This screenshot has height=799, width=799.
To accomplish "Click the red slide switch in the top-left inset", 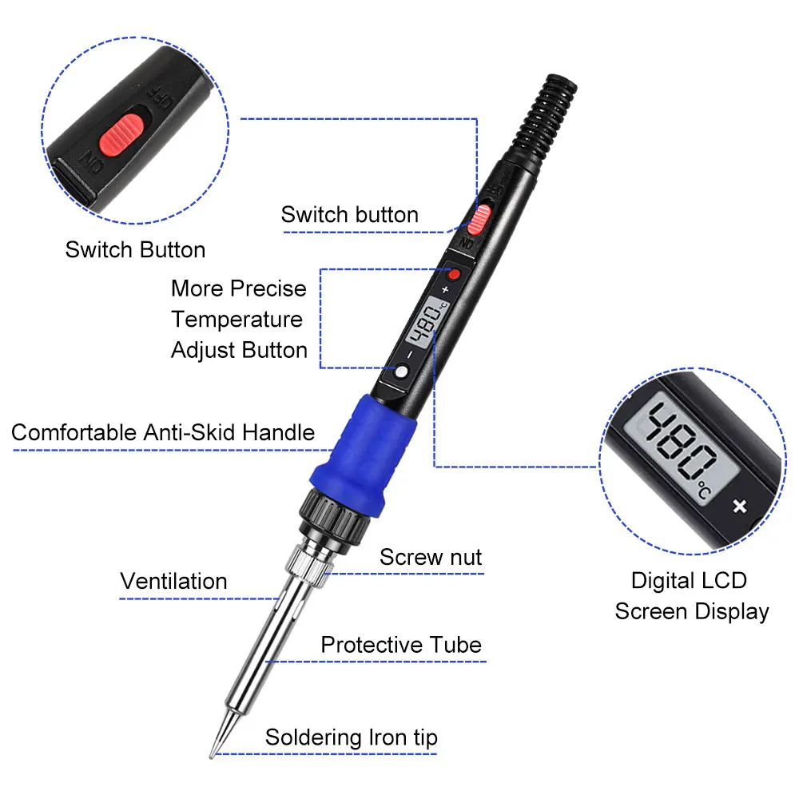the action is [x=121, y=134].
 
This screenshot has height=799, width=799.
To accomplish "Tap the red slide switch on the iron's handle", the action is [x=479, y=220].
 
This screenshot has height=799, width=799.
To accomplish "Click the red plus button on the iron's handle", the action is [x=453, y=275].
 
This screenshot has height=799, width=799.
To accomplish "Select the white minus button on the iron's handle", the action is [x=402, y=372].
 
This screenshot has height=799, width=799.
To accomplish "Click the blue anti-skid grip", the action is [x=363, y=455].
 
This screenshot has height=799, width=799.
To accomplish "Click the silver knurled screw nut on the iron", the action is [x=308, y=566].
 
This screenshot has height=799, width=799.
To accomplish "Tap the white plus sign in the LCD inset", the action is [x=740, y=506].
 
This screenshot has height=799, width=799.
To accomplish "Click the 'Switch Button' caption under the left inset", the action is [x=135, y=249].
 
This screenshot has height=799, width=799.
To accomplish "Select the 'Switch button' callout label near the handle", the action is [x=350, y=214].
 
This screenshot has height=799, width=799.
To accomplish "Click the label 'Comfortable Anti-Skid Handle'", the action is [x=163, y=432].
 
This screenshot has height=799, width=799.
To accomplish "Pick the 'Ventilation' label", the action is [x=173, y=581].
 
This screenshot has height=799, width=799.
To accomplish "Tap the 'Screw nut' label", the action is [x=431, y=557].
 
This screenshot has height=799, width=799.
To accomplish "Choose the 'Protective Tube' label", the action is [x=401, y=645].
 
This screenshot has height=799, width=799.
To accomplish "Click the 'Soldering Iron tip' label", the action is [x=351, y=737].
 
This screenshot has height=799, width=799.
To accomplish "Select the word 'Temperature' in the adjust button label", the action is [x=237, y=320].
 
